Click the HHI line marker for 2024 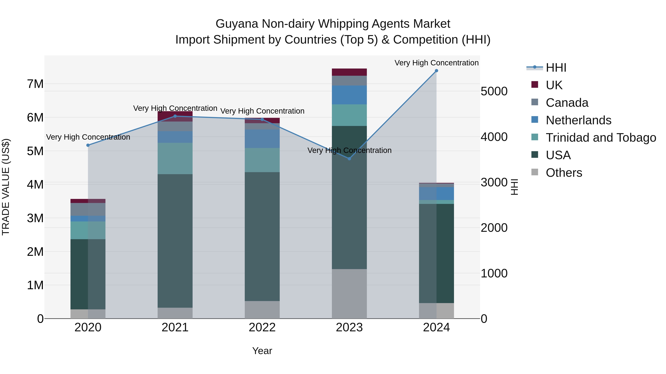[436, 71]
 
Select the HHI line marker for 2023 [349, 159]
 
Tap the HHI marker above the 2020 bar [88, 145]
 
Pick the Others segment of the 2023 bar [349, 294]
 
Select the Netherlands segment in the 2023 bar [349, 95]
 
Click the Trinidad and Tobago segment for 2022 [262, 160]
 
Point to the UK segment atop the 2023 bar [349, 72]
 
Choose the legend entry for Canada [567, 103]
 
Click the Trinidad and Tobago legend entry [601, 138]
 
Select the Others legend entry [564, 173]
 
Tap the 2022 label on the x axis [262, 327]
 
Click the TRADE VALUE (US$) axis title [6, 187]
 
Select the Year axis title [262, 351]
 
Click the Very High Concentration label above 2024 [436, 63]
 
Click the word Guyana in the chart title [237, 24]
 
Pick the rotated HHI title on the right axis [514, 187]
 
